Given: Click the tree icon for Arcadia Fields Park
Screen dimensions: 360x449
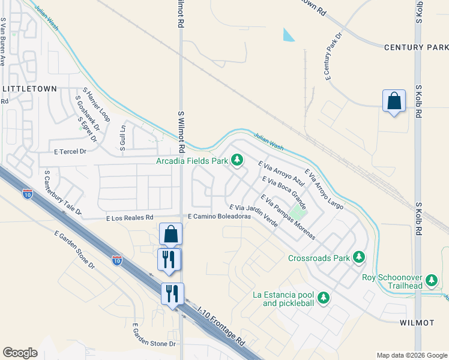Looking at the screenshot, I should [238, 160].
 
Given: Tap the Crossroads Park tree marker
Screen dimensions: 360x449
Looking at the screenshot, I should [359, 257].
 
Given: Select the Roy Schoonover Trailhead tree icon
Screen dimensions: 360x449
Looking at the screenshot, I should [431, 280].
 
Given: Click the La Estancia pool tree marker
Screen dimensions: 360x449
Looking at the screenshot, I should [323, 298].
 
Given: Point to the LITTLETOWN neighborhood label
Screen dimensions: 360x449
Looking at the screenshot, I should [30, 88].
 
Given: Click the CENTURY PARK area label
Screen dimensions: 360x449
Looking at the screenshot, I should [415, 47].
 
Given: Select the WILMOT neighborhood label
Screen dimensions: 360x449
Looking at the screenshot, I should [417, 323].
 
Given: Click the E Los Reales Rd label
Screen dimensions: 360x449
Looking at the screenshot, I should [130, 217].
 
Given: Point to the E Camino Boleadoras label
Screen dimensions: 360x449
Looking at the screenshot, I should [218, 216].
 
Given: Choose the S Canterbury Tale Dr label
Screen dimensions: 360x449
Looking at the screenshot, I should [62, 193].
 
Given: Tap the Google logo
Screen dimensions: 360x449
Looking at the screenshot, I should [20, 353].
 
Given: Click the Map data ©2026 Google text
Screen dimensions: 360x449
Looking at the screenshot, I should [411, 355].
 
